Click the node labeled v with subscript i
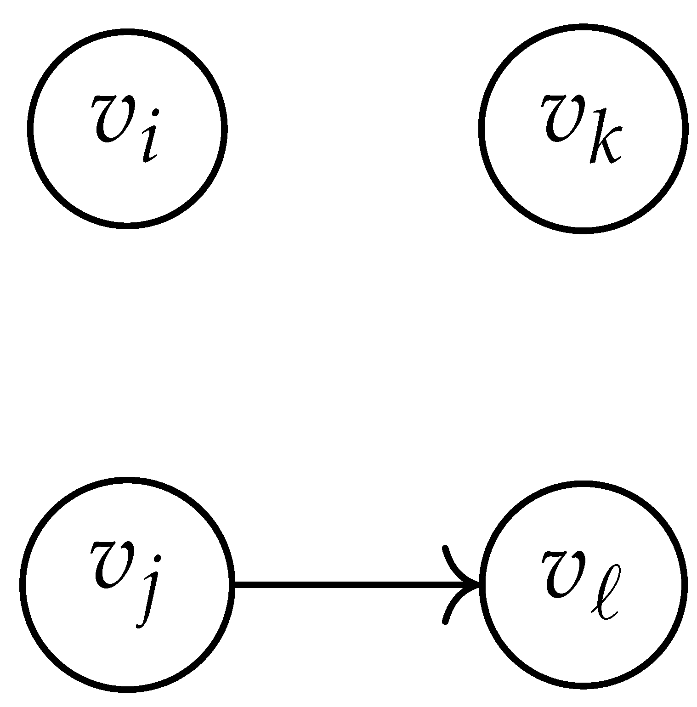tap(127, 128)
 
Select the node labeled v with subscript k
tap(583, 128)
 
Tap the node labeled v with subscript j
tap(127, 584)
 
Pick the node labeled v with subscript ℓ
tap(583, 584)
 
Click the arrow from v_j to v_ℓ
tap(345, 585)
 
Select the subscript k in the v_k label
tap(606, 138)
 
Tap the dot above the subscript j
tap(158, 559)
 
